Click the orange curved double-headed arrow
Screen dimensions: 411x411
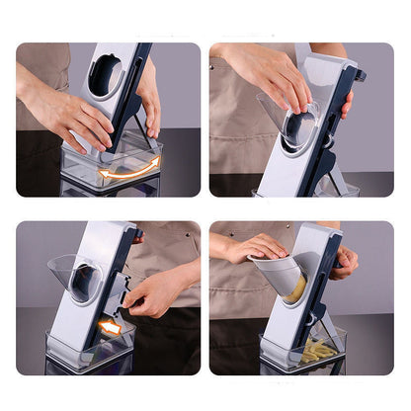tap(128, 169)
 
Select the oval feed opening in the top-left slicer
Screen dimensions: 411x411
tap(106, 76)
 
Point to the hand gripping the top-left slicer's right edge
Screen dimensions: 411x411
tap(149, 99)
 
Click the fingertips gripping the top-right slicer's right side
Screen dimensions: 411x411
tap(346, 103)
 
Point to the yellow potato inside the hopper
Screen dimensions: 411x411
tap(296, 289)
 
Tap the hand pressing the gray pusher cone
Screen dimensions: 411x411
tap(255, 247)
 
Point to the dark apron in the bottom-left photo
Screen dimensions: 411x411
tap(163, 346)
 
